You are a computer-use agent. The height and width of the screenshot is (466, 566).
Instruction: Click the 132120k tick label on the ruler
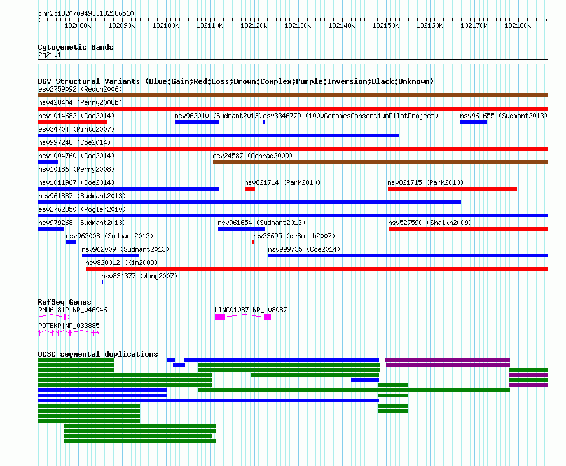[254, 25]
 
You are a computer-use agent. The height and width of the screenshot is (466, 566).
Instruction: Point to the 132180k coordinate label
[518, 25]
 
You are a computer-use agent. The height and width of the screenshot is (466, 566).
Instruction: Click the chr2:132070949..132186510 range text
[86, 13]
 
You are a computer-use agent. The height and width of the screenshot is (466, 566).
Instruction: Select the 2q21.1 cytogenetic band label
[50, 55]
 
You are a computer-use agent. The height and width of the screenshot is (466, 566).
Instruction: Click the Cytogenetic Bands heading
[76, 47]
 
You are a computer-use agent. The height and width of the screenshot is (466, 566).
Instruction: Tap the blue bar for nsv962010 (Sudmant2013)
[197, 122]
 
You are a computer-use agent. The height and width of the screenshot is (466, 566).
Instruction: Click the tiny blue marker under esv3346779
[264, 122]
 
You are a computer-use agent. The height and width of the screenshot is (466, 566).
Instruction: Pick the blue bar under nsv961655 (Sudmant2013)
[473, 122]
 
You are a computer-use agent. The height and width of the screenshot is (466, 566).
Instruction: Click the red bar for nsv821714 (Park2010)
[250, 189]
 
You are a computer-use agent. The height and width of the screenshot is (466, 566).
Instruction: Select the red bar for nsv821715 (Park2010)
[452, 189]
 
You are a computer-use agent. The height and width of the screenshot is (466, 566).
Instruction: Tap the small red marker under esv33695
[252, 242]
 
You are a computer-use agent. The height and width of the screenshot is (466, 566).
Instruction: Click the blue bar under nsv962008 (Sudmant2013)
[71, 242]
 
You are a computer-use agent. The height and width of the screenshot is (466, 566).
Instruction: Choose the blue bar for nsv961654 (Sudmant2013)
[242, 229]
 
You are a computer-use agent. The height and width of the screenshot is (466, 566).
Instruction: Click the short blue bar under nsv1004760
[48, 162]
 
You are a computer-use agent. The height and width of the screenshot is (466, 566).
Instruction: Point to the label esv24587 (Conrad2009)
[252, 156]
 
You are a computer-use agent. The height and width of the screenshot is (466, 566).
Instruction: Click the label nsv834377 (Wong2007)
[139, 276]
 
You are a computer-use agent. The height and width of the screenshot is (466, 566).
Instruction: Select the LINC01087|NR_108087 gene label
[251, 310]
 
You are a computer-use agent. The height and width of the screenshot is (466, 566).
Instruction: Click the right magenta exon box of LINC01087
[268, 317]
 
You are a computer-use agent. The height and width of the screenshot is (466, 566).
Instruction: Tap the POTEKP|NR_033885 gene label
[69, 326]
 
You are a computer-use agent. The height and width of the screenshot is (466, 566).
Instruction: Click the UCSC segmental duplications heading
[98, 354]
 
